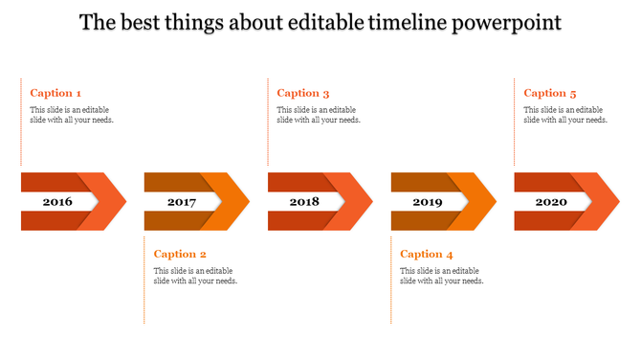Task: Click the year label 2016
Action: [57, 202]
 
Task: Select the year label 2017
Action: [181, 202]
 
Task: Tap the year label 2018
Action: [304, 202]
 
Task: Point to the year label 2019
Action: [428, 202]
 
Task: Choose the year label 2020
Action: [551, 202]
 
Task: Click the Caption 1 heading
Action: [55, 93]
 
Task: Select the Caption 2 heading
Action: [180, 254]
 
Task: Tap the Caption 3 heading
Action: [303, 93]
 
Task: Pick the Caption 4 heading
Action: [427, 254]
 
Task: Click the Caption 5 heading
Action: [550, 93]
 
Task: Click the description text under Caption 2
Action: [196, 276]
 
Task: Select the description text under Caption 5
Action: [565, 115]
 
